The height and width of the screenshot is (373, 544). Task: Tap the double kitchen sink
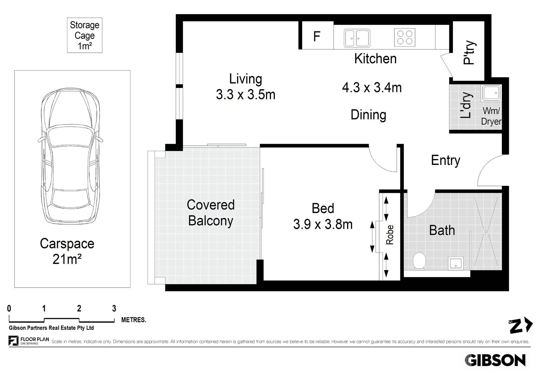point(357,38)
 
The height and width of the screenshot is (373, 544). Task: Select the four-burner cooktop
point(405,37)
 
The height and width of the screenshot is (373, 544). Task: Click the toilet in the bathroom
point(419,261)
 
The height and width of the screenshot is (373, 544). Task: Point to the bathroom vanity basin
point(456,263)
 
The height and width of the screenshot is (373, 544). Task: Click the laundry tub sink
point(491,93)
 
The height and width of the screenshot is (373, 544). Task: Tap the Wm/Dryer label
point(491,116)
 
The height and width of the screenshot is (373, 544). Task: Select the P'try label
point(469,53)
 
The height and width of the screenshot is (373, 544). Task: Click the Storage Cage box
point(85,35)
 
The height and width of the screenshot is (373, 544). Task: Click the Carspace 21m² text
point(67,251)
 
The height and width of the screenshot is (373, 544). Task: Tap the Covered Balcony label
point(211,213)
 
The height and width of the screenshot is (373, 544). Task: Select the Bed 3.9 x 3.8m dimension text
point(323,217)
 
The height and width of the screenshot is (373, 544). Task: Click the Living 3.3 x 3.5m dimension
point(246,87)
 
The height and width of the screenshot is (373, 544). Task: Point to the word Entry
point(446,160)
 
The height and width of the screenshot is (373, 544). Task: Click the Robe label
point(390,235)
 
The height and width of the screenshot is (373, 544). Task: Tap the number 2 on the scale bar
point(79,308)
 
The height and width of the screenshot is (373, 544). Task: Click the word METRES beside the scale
point(134,320)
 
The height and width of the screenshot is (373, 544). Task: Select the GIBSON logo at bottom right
point(495,360)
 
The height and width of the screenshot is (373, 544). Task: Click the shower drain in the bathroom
point(486,232)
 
